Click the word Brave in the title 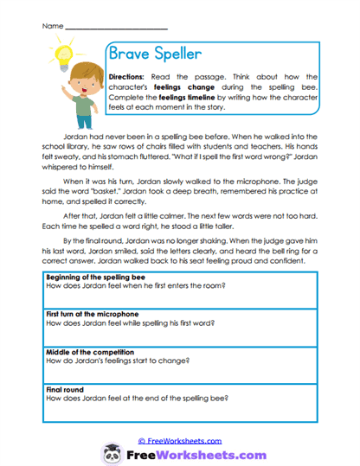tap(130, 54)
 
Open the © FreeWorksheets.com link tap(180, 440)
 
